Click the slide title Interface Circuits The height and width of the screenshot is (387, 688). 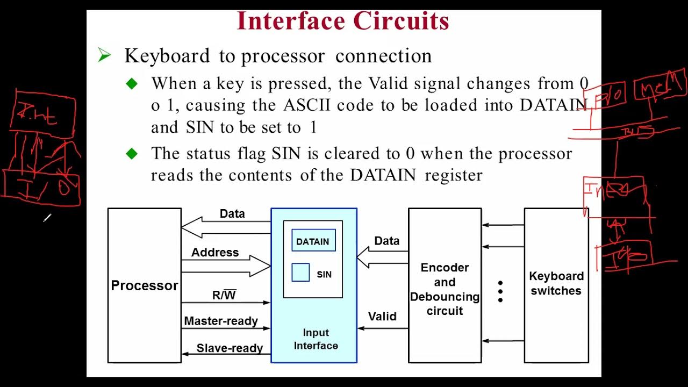click(343, 21)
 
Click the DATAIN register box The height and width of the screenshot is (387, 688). click(313, 241)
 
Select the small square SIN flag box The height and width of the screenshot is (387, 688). click(300, 273)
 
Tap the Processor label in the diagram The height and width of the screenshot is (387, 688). click(144, 285)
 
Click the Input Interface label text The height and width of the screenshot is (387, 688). click(316, 339)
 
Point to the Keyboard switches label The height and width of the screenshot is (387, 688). click(556, 283)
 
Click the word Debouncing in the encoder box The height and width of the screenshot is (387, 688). click(445, 297)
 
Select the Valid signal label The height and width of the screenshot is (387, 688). click(382, 317)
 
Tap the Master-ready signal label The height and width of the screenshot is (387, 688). click(221, 321)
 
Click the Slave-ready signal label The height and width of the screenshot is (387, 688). click(230, 348)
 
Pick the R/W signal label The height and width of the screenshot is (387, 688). click(224, 295)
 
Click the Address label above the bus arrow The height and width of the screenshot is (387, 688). click(215, 252)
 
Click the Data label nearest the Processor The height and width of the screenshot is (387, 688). click(232, 213)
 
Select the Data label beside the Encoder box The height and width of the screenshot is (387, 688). click(387, 241)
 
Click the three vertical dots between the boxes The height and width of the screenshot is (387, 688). click(500, 292)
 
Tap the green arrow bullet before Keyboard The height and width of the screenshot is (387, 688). click(104, 55)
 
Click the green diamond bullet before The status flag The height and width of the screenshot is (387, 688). click(132, 154)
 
